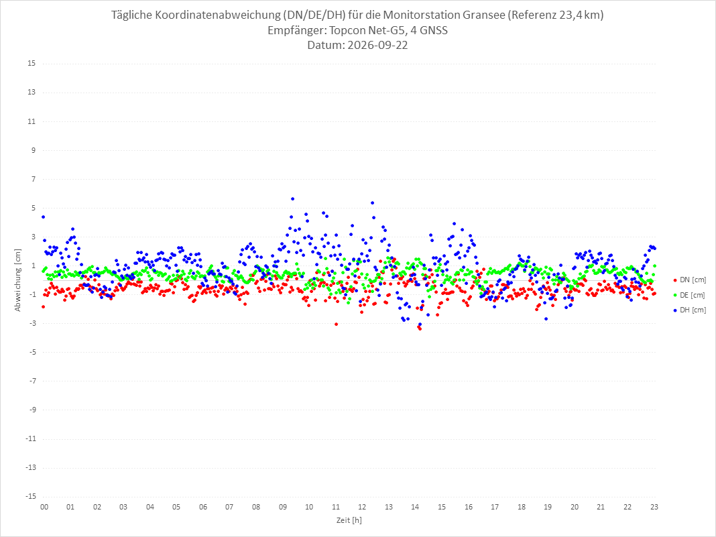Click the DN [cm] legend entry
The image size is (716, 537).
coord(689,280)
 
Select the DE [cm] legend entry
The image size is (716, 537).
coord(689,295)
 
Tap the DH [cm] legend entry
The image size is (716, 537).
coord(689,310)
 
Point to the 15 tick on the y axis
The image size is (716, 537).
coord(32,63)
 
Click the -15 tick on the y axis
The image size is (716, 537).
coord(30,496)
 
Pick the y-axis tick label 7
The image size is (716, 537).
coord(34,179)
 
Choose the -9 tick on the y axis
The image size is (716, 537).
coord(32,410)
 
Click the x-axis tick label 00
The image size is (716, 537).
coord(44,507)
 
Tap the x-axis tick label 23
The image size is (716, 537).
coord(654,507)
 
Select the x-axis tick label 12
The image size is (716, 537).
coord(362,507)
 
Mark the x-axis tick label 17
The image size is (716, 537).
coord(495,507)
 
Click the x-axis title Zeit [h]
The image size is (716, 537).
coord(349,520)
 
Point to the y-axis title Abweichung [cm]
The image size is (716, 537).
coord(18,280)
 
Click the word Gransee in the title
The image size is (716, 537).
coord(484,15)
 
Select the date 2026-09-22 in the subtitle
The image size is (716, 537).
coord(377,45)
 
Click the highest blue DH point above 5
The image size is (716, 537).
coord(293,198)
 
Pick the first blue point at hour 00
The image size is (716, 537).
coord(44,217)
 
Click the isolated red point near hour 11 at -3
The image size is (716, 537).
coord(336,324)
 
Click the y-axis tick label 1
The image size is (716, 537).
coord(34,265)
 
